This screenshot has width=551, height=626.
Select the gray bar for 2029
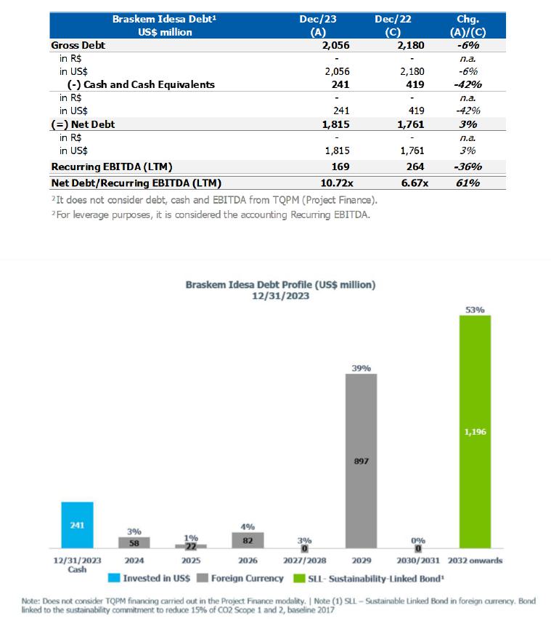point(361,461)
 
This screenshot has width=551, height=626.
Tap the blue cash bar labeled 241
point(77,524)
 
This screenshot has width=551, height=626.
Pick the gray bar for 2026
point(248,539)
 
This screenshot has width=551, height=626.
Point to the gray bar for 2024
point(134,542)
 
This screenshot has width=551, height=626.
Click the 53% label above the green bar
point(475,310)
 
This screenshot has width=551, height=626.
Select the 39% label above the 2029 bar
point(361,369)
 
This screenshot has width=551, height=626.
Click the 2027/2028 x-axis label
point(304,561)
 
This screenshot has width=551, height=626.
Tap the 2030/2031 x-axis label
point(418,561)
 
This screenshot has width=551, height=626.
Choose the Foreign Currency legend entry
point(242,578)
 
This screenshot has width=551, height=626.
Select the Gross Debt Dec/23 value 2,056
point(335,45)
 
